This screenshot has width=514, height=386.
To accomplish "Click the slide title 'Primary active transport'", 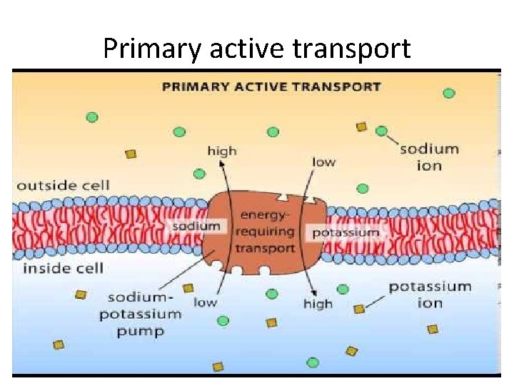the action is [x=257, y=49].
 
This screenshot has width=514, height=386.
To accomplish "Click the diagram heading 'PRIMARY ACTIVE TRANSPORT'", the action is [x=271, y=86].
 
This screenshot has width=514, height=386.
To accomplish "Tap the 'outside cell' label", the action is [x=63, y=185].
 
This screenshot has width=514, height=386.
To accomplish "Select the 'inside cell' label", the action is [x=63, y=268].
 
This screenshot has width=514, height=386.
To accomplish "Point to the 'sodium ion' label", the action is [x=429, y=157].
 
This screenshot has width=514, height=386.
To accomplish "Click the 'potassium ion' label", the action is [x=430, y=294].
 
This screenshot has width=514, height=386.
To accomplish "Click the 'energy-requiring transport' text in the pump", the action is [x=267, y=231].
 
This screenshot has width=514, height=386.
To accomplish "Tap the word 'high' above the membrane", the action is [x=222, y=151].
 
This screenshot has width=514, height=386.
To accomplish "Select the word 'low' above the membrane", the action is [x=323, y=162].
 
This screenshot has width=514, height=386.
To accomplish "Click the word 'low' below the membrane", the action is [x=205, y=302].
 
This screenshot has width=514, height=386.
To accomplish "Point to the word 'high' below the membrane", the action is [x=318, y=304].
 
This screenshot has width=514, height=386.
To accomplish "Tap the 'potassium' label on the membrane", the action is [x=346, y=232].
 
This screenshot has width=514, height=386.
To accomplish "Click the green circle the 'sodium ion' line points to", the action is [x=382, y=131].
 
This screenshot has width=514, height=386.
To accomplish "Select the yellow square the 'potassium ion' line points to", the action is [x=359, y=309].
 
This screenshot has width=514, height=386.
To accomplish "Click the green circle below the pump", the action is [x=271, y=294].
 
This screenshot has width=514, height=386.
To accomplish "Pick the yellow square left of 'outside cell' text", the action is [x=131, y=154].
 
